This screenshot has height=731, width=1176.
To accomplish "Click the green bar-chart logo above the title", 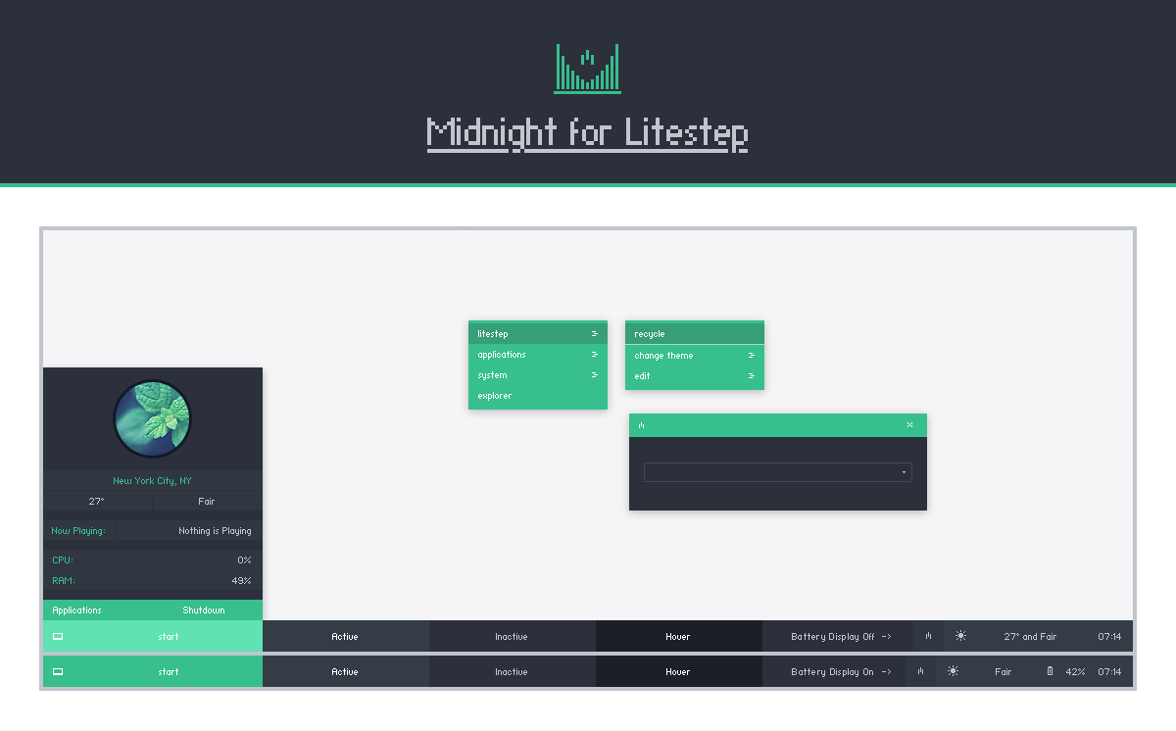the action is [x=587, y=69].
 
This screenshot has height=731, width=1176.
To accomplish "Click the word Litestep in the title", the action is [x=686, y=133].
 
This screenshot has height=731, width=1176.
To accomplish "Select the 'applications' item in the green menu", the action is [x=502, y=355].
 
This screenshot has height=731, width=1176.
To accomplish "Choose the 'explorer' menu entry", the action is [x=494, y=396].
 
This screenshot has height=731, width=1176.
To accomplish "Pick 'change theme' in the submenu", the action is [x=663, y=356].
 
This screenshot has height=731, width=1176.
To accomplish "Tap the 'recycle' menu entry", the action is [x=650, y=334].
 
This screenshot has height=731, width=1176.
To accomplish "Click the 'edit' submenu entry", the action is [x=642, y=375].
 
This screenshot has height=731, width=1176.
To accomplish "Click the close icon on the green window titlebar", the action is [x=909, y=425].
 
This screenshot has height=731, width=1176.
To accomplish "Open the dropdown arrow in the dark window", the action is [x=904, y=472].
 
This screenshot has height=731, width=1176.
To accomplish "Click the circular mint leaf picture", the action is [x=152, y=419].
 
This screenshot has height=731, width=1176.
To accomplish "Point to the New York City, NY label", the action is [x=152, y=481].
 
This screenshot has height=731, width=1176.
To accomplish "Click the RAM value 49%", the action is [x=241, y=580].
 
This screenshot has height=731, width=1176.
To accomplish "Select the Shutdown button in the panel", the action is [x=204, y=610].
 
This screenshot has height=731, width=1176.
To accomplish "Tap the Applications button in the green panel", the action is [x=76, y=610].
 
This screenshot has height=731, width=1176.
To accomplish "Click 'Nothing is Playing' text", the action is [x=215, y=531].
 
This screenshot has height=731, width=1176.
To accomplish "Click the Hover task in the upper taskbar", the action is [x=678, y=637].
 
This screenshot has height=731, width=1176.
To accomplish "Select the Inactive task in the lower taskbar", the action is [x=512, y=671].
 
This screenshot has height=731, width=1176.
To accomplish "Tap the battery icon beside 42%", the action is [x=1050, y=671].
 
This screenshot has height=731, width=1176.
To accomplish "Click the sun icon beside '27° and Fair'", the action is [x=960, y=636].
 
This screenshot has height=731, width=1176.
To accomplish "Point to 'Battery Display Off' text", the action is [x=833, y=637].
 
